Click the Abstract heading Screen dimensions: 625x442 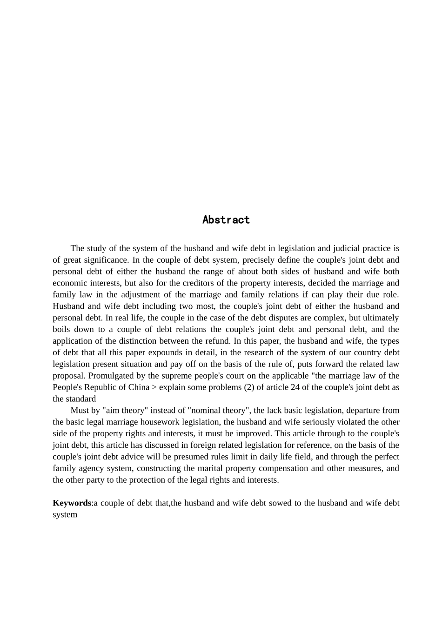[226, 220]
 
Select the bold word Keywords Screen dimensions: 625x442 [72, 503]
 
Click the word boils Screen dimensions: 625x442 [61, 330]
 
